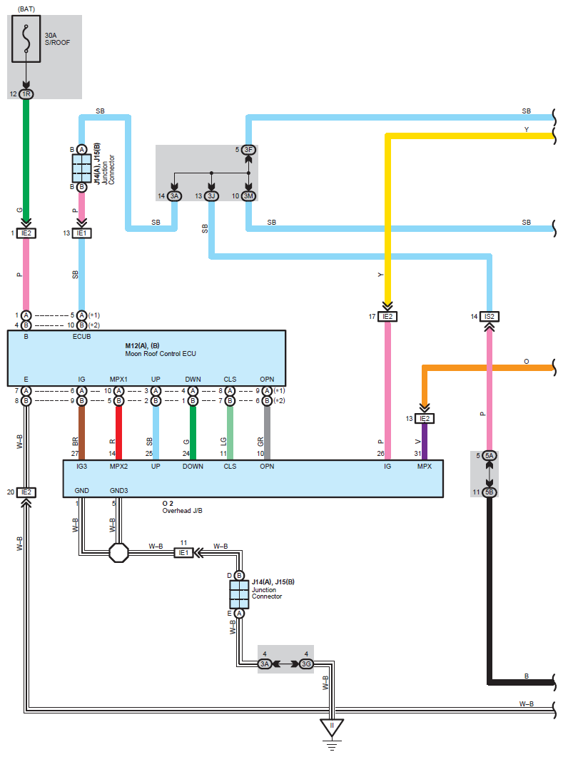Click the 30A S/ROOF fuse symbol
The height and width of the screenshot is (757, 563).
[26, 39]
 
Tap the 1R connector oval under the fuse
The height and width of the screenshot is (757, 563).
[26, 94]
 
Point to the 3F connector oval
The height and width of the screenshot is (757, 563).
[248, 150]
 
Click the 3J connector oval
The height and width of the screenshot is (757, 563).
[211, 195]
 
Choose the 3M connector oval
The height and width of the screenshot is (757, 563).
[248, 195]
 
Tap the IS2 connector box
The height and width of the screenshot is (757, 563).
[490, 316]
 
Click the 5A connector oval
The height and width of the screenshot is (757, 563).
[490, 455]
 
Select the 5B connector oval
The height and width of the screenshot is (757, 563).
[490, 492]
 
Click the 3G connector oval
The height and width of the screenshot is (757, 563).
[306, 664]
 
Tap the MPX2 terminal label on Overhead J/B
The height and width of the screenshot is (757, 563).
[119, 466]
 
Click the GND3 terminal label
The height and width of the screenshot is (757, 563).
[119, 492]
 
